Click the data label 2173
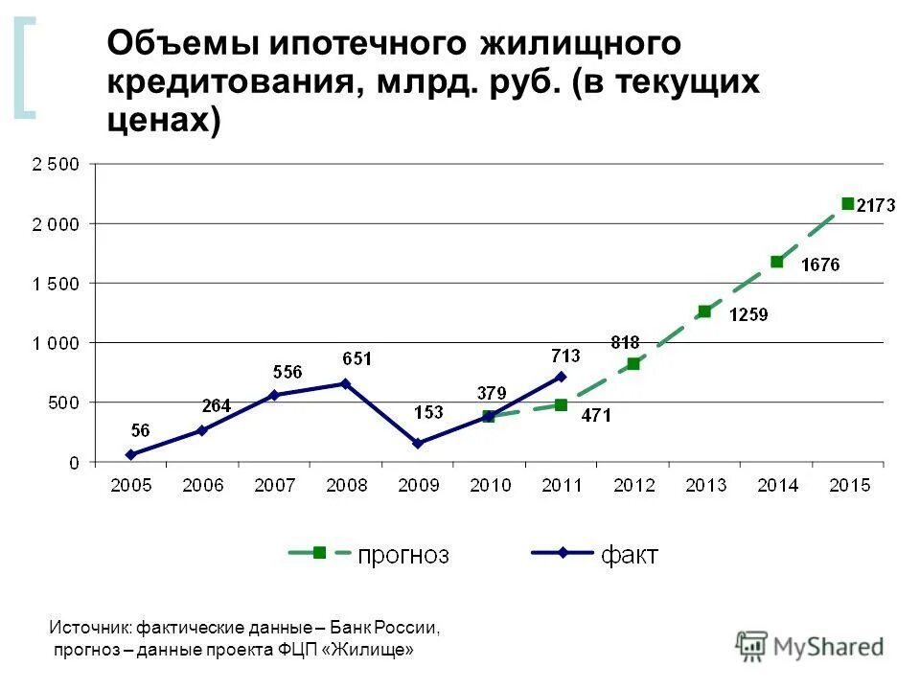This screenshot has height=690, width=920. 876,205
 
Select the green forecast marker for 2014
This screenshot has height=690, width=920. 777,262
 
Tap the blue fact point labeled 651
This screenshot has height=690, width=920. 346,383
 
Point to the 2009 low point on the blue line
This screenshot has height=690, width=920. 417,444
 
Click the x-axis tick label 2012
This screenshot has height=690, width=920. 633,486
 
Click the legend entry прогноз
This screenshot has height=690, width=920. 402,555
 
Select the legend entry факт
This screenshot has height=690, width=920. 629,555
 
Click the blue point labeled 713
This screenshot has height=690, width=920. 561,377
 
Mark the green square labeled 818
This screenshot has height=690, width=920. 633,364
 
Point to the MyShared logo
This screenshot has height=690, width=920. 810,647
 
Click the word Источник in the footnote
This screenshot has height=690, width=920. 89,629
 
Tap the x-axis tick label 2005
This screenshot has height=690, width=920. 130,486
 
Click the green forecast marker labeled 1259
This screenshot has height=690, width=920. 704,311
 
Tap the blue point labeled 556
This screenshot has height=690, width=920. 274,395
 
